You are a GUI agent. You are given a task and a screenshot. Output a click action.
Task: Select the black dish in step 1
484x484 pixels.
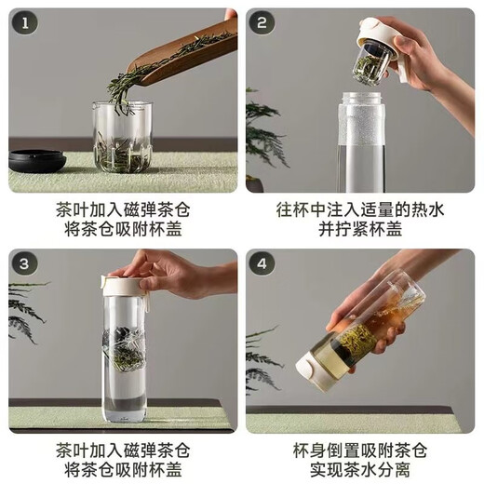tap(37, 159)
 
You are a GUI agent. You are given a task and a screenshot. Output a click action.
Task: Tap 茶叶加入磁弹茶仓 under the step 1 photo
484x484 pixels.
tap(122, 210)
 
